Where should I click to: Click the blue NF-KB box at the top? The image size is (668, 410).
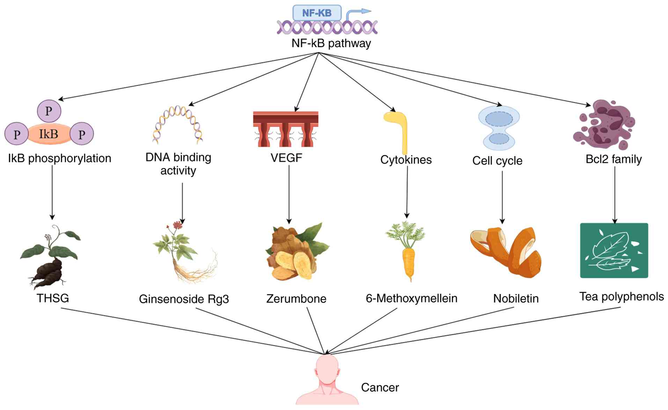pyautogui.click(x=317, y=13)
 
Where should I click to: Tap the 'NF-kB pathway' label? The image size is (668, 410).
pyautogui.click(x=331, y=43)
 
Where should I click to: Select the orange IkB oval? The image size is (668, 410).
pyautogui.click(x=49, y=134)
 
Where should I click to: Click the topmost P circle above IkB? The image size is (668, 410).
pyautogui.click(x=49, y=111)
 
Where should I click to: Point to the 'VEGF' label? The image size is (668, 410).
pyautogui.click(x=286, y=158)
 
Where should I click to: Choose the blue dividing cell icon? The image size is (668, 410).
pyautogui.click(x=499, y=128)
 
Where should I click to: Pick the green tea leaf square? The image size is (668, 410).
pyautogui.click(x=614, y=250)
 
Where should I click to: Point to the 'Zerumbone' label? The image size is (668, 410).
pyautogui.click(x=296, y=299)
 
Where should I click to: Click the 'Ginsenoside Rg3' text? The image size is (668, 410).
pyautogui.click(x=184, y=299)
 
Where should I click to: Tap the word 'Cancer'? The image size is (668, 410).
pyautogui.click(x=380, y=387)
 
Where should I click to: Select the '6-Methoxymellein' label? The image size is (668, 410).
pyautogui.click(x=411, y=298)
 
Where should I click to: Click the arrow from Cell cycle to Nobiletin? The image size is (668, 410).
pyautogui.click(x=502, y=197)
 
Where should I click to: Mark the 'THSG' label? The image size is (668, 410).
pyautogui.click(x=53, y=298)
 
